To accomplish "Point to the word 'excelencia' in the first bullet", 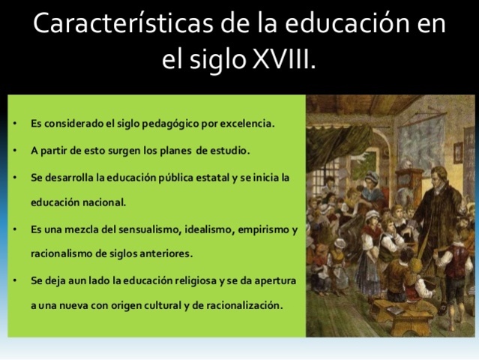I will click(x=248, y=123).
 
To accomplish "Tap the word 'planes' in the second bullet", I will click(x=175, y=150).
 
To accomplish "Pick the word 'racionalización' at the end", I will click(x=240, y=306).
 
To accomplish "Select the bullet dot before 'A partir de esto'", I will click(x=16, y=150).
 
